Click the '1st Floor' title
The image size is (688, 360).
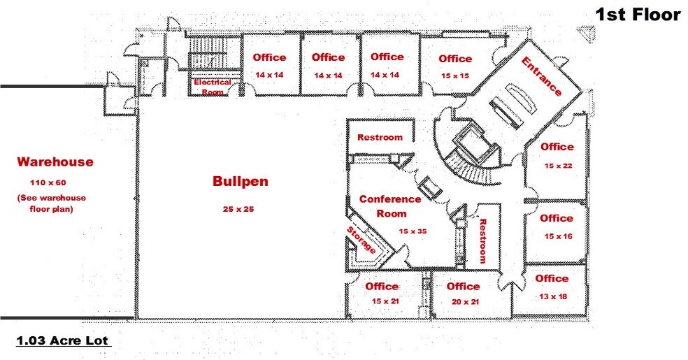tap(638, 15)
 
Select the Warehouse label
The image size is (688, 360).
tap(55, 161)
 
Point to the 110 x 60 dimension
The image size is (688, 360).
tap(48, 182)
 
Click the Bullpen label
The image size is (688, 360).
tap(241, 182)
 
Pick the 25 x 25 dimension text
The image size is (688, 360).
tap(238, 209)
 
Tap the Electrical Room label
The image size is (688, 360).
tap(213, 87)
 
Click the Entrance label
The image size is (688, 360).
tap(541, 76)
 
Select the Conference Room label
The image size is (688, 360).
tap(390, 206)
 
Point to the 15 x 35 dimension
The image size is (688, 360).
tap(413, 231)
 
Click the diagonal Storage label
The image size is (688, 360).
tap(361, 240)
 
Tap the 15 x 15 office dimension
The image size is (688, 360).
tap(455, 76)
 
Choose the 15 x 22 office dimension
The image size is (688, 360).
tap(558, 166)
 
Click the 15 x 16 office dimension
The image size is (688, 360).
tap(558, 236)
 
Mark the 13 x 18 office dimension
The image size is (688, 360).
tap(553, 296)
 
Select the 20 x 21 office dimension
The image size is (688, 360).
tap(465, 302)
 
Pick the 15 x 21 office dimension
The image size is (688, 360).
tap(385, 301)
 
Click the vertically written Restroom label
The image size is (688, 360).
tap(482, 241)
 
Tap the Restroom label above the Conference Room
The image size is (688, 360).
tap(380, 137)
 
